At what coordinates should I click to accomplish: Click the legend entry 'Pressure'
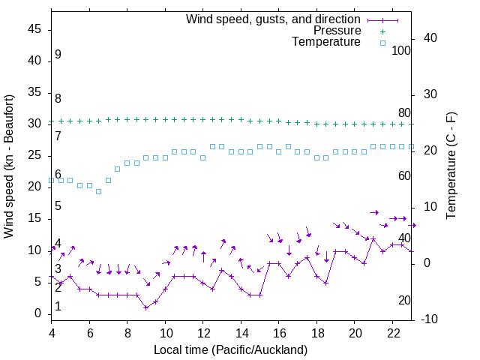(337, 31)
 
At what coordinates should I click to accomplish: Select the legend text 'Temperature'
(326, 42)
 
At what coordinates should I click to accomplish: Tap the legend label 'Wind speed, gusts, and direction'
(274, 19)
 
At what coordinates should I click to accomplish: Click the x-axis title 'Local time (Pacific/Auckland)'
(230, 349)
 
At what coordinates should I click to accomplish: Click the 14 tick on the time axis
(241, 332)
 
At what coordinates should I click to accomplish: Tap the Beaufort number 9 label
(58, 55)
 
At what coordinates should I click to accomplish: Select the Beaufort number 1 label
(58, 307)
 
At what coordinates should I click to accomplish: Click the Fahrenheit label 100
(401, 50)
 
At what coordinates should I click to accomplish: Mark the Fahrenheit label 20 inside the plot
(404, 301)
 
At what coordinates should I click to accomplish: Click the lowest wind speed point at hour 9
(146, 307)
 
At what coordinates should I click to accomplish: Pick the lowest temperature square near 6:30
(98, 192)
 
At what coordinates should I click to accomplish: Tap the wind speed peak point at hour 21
(373, 238)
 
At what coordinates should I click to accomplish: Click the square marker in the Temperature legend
(382, 43)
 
